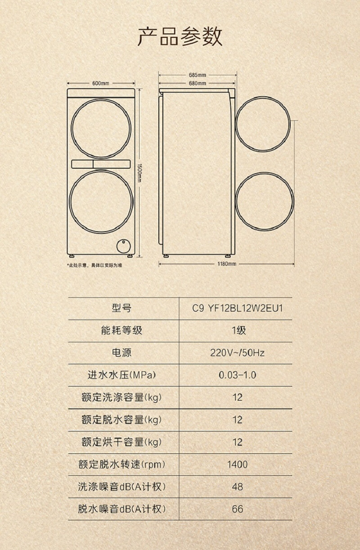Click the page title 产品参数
click(180, 36)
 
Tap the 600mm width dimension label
click(101, 83)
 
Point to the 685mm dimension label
click(198, 75)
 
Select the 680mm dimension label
click(198, 83)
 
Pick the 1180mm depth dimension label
click(227, 264)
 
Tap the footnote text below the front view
click(94, 265)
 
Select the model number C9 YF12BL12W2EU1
click(237, 309)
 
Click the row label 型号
click(121, 309)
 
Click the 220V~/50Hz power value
click(237, 353)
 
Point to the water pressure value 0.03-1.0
click(237, 375)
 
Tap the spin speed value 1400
click(237, 464)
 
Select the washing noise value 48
click(237, 487)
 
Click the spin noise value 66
click(237, 509)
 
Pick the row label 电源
click(121, 353)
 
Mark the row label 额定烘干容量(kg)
click(121, 442)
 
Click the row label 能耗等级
click(121, 331)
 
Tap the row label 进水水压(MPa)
click(121, 375)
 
